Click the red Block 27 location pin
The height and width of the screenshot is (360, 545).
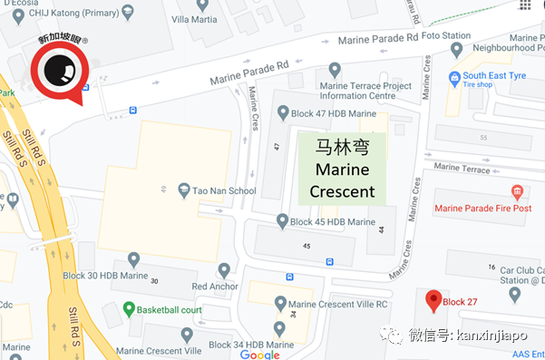[433, 301]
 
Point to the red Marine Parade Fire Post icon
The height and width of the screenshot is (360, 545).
[517, 191]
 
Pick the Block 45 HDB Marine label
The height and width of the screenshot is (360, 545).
[332, 221]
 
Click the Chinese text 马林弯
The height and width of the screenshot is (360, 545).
[342, 146]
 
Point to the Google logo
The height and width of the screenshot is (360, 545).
[259, 354]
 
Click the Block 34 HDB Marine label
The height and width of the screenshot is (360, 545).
[250, 345]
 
